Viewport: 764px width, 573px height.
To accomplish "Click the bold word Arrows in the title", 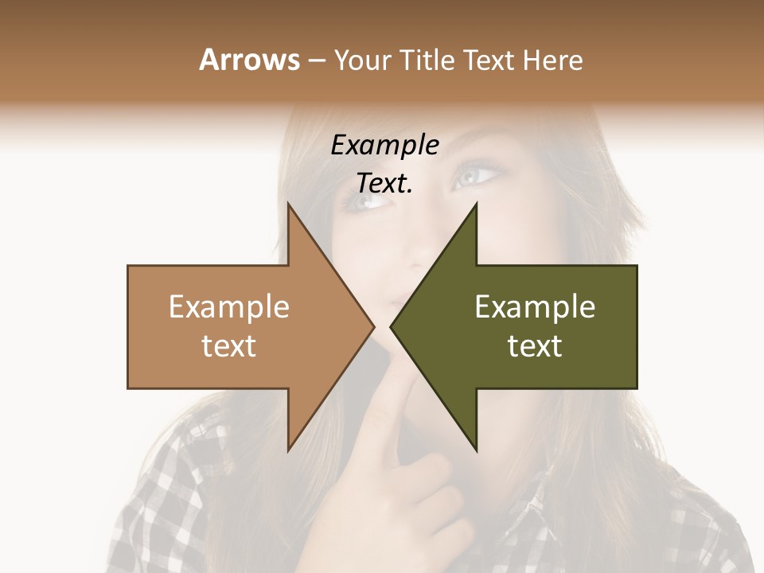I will pos(248,60).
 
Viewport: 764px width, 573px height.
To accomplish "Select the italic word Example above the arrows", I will pos(384,146).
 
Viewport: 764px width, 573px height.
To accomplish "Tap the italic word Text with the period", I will pos(384,184).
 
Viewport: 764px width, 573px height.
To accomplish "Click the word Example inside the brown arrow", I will pos(229,306).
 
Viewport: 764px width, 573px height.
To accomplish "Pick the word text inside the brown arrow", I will pos(229,346).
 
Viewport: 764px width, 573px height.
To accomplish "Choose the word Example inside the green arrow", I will pos(535,306).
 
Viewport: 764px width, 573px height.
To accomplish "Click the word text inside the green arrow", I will pos(535,346).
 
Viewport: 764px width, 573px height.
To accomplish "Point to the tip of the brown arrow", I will pos(372,326).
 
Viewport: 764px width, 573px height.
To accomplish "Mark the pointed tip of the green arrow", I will pos(392,326).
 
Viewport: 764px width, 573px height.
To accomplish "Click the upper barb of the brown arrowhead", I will pos(290,209).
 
